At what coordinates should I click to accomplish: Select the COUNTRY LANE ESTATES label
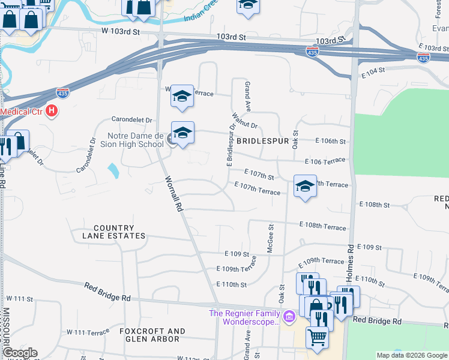tap(113, 232)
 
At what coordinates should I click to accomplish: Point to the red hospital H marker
tap(52, 110)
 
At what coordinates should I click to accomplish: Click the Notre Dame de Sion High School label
tap(135, 140)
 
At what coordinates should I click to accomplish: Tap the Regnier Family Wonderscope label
tap(244, 317)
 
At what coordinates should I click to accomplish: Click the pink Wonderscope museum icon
tap(289, 315)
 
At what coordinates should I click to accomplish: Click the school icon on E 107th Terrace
tap(305, 187)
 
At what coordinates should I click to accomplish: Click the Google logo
tap(20, 353)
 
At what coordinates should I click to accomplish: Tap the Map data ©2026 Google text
tap(411, 355)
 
